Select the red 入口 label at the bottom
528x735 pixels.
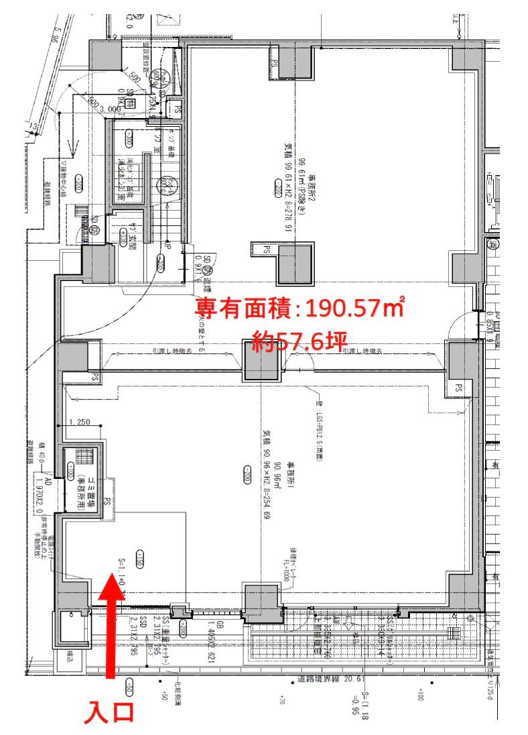pos(109,712)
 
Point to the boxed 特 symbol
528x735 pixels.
pos(131,103)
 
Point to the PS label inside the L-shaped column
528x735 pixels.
pos(267,249)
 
